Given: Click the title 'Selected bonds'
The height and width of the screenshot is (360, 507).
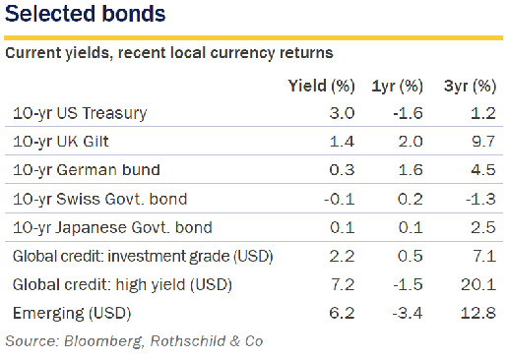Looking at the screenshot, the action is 86,14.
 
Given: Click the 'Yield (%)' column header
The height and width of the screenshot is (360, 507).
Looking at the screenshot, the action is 322,87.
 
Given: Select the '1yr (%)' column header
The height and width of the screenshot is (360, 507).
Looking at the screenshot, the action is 397,87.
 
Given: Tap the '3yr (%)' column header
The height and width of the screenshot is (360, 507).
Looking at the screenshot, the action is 470,87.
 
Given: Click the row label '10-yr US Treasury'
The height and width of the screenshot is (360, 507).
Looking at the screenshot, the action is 80,114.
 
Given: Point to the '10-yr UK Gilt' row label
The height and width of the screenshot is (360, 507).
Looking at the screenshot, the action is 61,142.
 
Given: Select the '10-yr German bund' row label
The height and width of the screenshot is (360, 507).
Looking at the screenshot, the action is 87,170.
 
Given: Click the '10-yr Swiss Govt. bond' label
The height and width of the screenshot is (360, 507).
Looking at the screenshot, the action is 100,199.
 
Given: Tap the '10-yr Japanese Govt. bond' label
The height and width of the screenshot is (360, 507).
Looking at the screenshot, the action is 112,227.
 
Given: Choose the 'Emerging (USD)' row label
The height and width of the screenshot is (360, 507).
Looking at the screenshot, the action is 72,313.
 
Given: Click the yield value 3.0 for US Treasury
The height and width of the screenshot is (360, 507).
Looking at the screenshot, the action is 342,113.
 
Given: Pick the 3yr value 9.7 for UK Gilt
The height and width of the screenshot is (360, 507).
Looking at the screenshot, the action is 483,142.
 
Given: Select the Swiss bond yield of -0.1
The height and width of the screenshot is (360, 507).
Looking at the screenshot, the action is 340,199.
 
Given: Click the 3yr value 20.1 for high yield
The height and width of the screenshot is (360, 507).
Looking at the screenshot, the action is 478,284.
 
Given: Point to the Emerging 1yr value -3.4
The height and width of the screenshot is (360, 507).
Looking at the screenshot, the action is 408,313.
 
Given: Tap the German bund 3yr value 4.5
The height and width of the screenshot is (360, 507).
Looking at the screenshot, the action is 483,170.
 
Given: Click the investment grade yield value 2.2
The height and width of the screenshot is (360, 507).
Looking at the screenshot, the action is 342,256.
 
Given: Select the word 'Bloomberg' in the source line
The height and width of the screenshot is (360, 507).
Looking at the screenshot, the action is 103,341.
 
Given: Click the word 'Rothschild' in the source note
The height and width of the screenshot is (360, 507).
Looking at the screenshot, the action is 188,341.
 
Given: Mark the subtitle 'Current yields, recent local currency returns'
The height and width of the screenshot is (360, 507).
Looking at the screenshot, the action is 169,53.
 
